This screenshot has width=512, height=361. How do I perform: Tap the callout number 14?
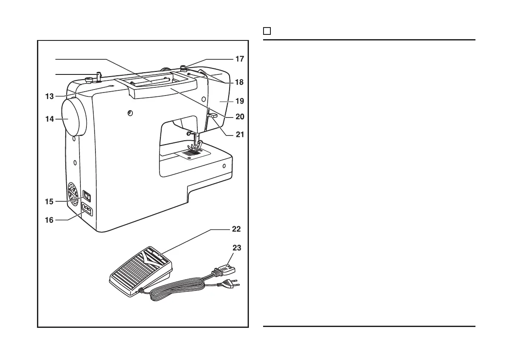coord(49,119)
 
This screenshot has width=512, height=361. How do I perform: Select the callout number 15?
coord(49,201)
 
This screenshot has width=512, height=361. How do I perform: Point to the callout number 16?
coord(49,220)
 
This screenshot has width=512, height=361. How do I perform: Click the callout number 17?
coord(240,59)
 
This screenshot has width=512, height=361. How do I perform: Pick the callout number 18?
coord(240,81)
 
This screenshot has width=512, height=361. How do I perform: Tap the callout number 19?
coord(240,102)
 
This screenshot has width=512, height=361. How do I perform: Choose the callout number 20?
coord(240,117)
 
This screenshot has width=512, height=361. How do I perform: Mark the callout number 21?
coord(240,134)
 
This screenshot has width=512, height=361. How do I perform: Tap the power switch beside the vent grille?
coord(87,196)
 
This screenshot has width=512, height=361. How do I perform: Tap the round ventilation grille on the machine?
coord(74,193)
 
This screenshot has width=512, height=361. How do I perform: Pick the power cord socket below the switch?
coord(87,210)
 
